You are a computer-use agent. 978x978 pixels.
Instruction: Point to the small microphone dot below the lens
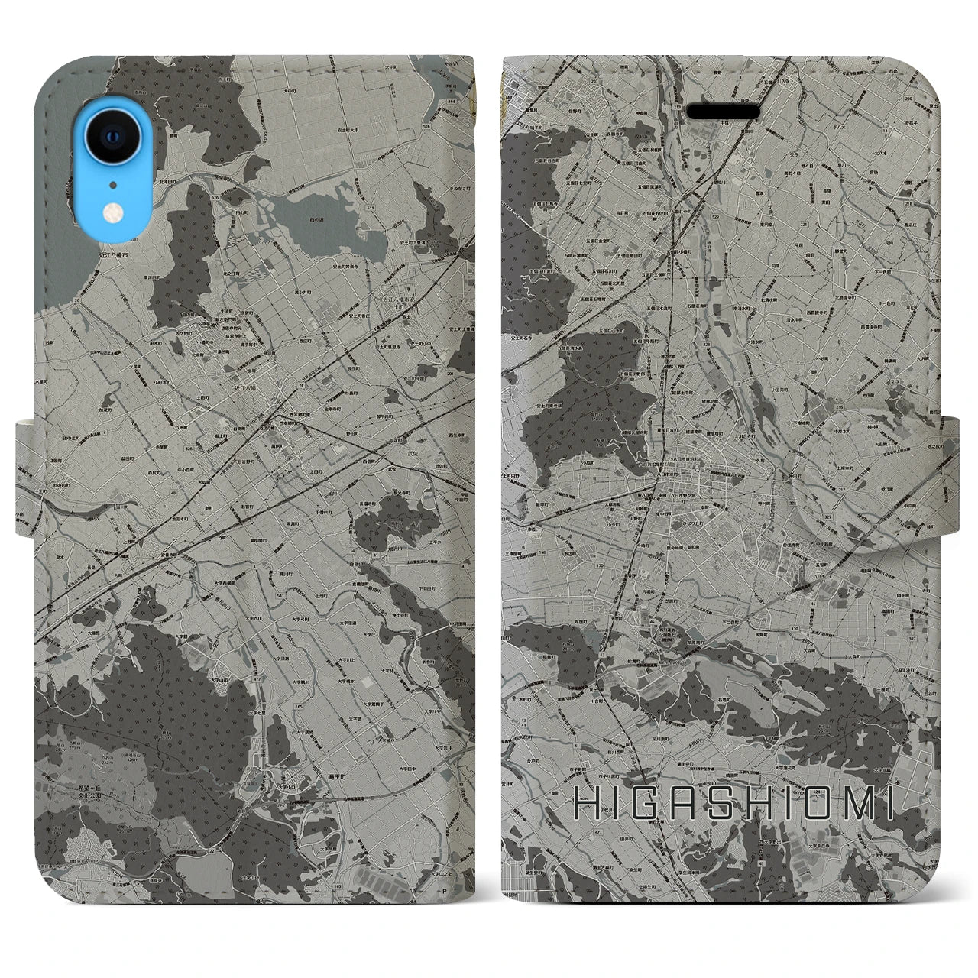(113, 184)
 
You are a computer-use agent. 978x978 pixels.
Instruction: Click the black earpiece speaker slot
(723, 112)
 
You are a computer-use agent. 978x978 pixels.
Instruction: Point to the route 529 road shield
(715, 217)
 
